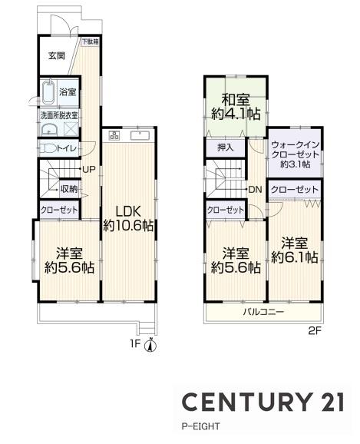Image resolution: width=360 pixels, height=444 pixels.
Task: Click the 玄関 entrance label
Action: tap(57, 56)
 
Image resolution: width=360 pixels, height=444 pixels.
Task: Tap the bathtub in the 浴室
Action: tap(48, 91)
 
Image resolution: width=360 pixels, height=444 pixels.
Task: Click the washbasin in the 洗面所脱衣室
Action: tap(50, 130)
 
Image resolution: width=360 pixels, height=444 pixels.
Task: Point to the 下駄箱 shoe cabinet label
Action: tap(91, 41)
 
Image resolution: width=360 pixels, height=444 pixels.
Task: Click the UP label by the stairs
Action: tap(89, 170)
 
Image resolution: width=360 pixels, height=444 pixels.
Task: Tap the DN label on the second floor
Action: tap(255, 190)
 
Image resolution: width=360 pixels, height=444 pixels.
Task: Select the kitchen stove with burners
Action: tap(114, 135)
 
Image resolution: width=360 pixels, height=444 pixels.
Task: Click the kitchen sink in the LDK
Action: tap(140, 135)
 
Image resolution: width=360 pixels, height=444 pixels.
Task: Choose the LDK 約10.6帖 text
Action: tap(128, 218)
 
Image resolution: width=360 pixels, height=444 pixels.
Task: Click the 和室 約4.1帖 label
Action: tap(236, 107)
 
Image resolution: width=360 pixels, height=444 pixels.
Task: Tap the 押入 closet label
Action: tap(225, 147)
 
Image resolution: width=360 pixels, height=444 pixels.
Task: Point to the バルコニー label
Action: tap(263, 312)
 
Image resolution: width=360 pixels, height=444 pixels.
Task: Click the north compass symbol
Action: tap(151, 345)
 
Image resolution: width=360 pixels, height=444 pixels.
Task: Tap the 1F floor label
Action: tap(135, 343)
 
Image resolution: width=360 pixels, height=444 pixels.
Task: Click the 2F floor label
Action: tap(315, 331)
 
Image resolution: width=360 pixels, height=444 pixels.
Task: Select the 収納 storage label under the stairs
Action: tap(69, 189)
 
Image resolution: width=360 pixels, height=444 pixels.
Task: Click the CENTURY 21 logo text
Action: tap(263, 402)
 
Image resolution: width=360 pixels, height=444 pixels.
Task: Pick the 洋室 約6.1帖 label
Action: tap(295, 250)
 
